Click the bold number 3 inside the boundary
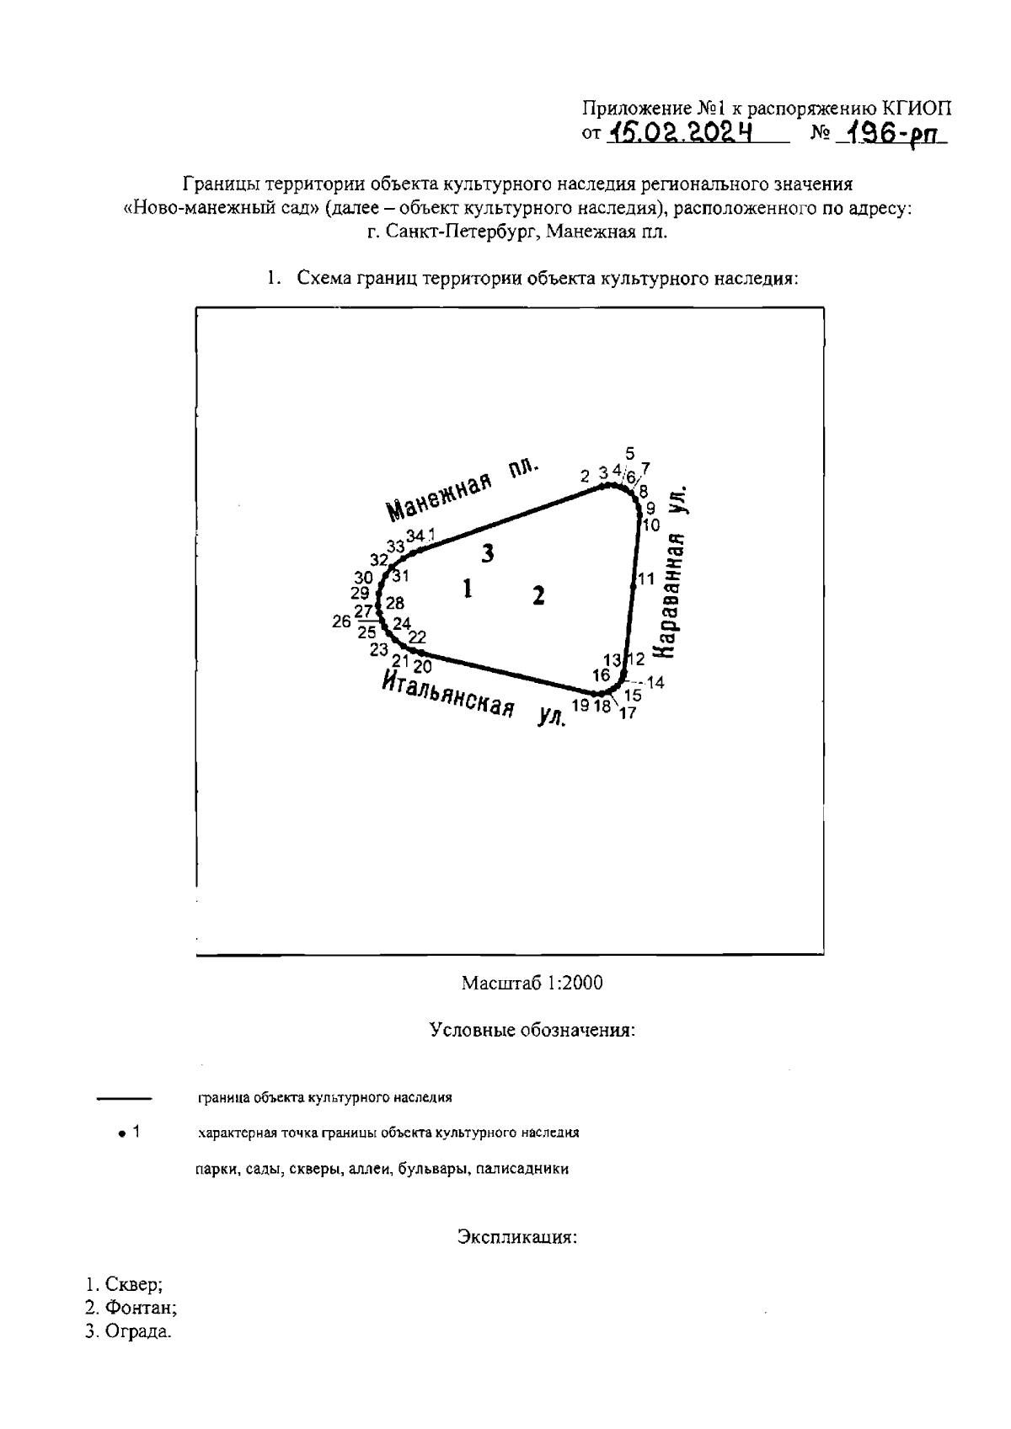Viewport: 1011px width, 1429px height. (x=487, y=553)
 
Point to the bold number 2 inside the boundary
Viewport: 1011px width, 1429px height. (x=538, y=595)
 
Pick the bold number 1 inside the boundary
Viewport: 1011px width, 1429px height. (x=467, y=589)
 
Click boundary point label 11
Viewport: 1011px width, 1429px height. (x=646, y=579)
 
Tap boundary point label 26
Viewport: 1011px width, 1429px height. (x=341, y=621)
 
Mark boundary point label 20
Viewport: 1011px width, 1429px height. (x=423, y=667)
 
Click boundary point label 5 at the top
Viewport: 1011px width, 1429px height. (x=630, y=453)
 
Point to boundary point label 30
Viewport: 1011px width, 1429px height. (x=363, y=578)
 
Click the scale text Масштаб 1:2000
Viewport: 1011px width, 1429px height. (x=532, y=983)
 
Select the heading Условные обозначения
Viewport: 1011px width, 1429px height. (x=532, y=1030)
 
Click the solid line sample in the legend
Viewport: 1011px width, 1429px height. (x=124, y=1098)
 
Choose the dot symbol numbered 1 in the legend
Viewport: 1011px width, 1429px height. (x=123, y=1133)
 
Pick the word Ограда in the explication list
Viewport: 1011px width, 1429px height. (x=137, y=1332)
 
